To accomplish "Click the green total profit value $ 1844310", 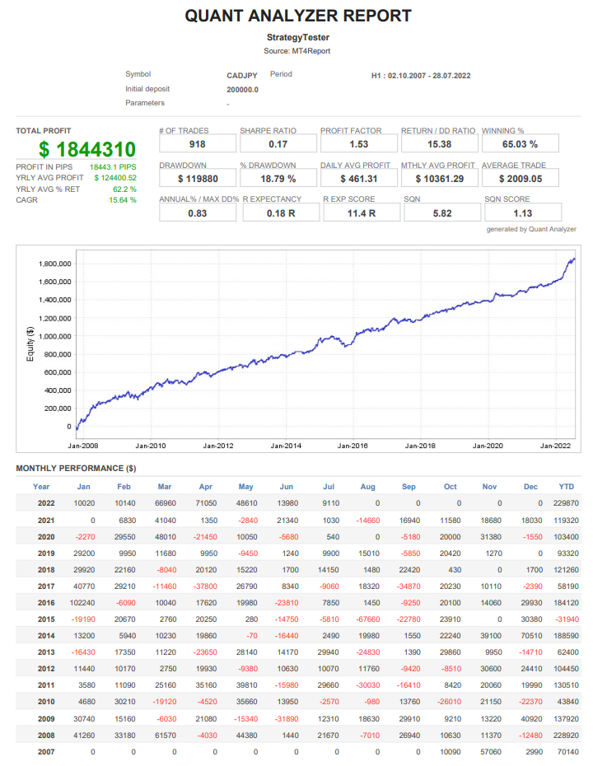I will coord(86,150).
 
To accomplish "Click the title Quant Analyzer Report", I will coord(297,16).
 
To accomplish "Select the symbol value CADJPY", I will coord(242,76).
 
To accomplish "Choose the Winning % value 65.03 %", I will coord(520,144).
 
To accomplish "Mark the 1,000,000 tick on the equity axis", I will coord(54,336).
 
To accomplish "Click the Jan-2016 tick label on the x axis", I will coord(353,446).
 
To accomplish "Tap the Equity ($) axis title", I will coord(30,345).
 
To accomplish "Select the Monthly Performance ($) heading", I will coord(76,469).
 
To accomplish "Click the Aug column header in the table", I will coord(367,486).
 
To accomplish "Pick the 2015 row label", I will coord(45,619).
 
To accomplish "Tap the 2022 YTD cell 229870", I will coord(563,502).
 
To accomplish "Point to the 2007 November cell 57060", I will coord(490,751).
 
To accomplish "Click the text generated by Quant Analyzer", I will coord(531,229).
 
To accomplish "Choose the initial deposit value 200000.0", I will coord(242,90).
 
